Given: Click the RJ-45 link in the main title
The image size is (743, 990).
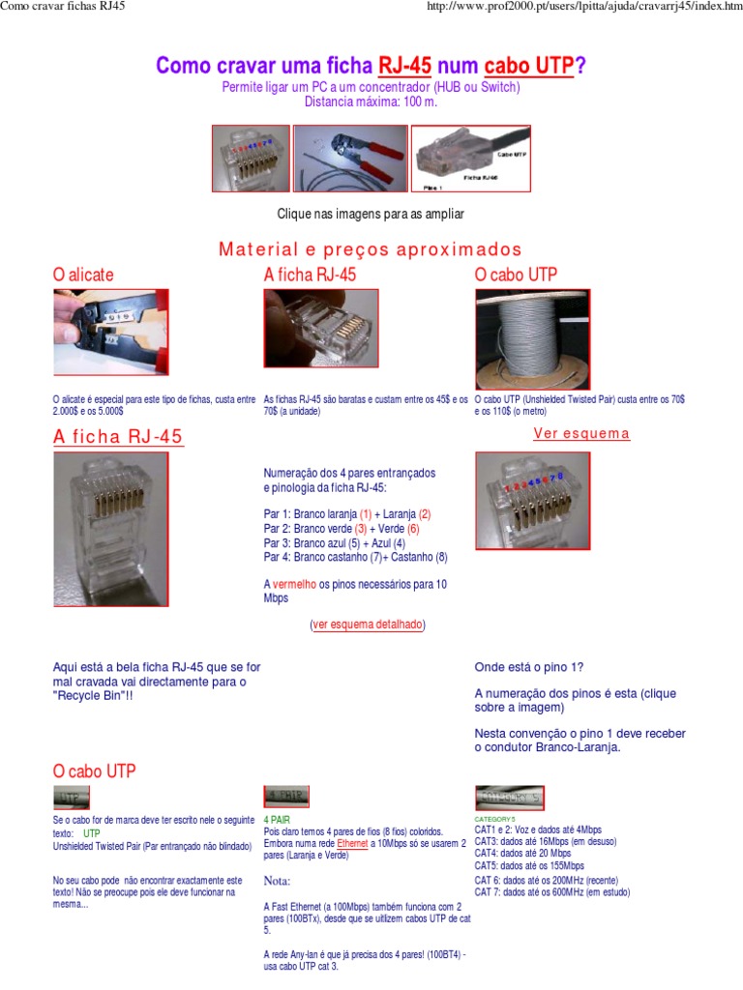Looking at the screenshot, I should click(x=404, y=66).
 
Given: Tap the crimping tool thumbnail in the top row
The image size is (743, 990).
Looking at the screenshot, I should click(x=350, y=158).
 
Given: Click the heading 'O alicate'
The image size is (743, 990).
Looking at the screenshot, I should click(x=83, y=275).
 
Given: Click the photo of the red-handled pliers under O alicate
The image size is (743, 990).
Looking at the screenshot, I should click(x=110, y=333).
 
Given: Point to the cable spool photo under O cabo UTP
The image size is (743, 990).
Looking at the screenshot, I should click(x=530, y=339).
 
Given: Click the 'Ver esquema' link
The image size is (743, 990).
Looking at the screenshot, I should click(x=581, y=434).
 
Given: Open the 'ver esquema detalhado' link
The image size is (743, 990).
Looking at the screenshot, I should click(x=368, y=625).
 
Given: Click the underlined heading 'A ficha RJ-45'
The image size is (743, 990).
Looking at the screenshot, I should click(x=118, y=437).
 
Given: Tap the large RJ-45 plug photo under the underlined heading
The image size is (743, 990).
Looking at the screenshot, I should click(x=110, y=529).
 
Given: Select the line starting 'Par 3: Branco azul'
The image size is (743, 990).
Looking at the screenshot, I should click(x=335, y=543).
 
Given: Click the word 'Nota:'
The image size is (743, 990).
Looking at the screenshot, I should click(x=278, y=881).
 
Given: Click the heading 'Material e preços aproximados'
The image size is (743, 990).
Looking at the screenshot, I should click(x=371, y=249).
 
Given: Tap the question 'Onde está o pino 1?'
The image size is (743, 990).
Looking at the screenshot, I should click(x=529, y=667).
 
